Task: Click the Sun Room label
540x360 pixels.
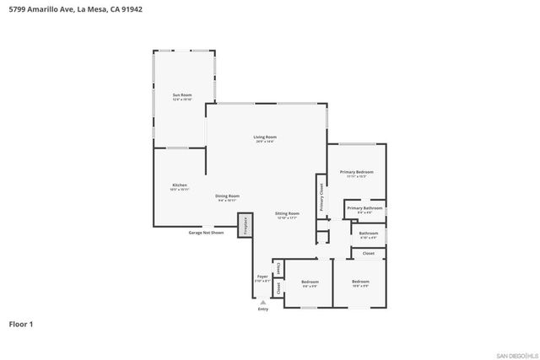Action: pyautogui.click(x=182, y=95)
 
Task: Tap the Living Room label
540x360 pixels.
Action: pyautogui.click(x=266, y=137)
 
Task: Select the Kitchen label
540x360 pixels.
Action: pyautogui.click(x=180, y=185)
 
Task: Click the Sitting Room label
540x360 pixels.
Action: pyautogui.click(x=287, y=214)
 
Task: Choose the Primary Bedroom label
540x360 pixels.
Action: pyautogui.click(x=357, y=172)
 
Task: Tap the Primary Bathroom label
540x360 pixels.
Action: pyautogui.click(x=364, y=207)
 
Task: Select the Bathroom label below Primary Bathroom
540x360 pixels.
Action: pyautogui.click(x=368, y=233)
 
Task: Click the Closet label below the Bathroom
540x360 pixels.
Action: pyautogui.click(x=369, y=253)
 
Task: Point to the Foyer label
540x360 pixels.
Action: pyautogui.click(x=262, y=277)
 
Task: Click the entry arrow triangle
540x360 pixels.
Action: pyautogui.click(x=262, y=301)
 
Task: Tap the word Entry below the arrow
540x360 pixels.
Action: pyautogui.click(x=262, y=309)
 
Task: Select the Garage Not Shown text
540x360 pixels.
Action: pyautogui.click(x=206, y=232)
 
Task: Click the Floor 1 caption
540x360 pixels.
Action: pyautogui.click(x=21, y=324)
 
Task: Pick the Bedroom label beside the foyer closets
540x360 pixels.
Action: pyautogui.click(x=310, y=282)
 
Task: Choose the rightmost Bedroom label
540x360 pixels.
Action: pyautogui.click(x=360, y=281)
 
